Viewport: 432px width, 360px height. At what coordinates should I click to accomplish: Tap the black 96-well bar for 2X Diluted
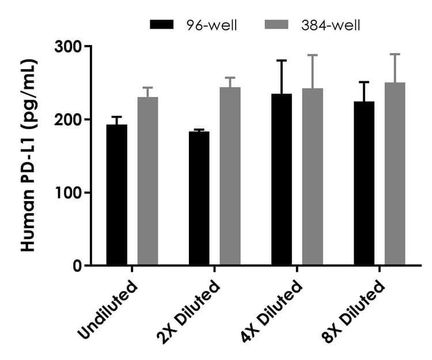click(199, 198)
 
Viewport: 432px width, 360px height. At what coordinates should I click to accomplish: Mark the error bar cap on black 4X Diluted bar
click(282, 60)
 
